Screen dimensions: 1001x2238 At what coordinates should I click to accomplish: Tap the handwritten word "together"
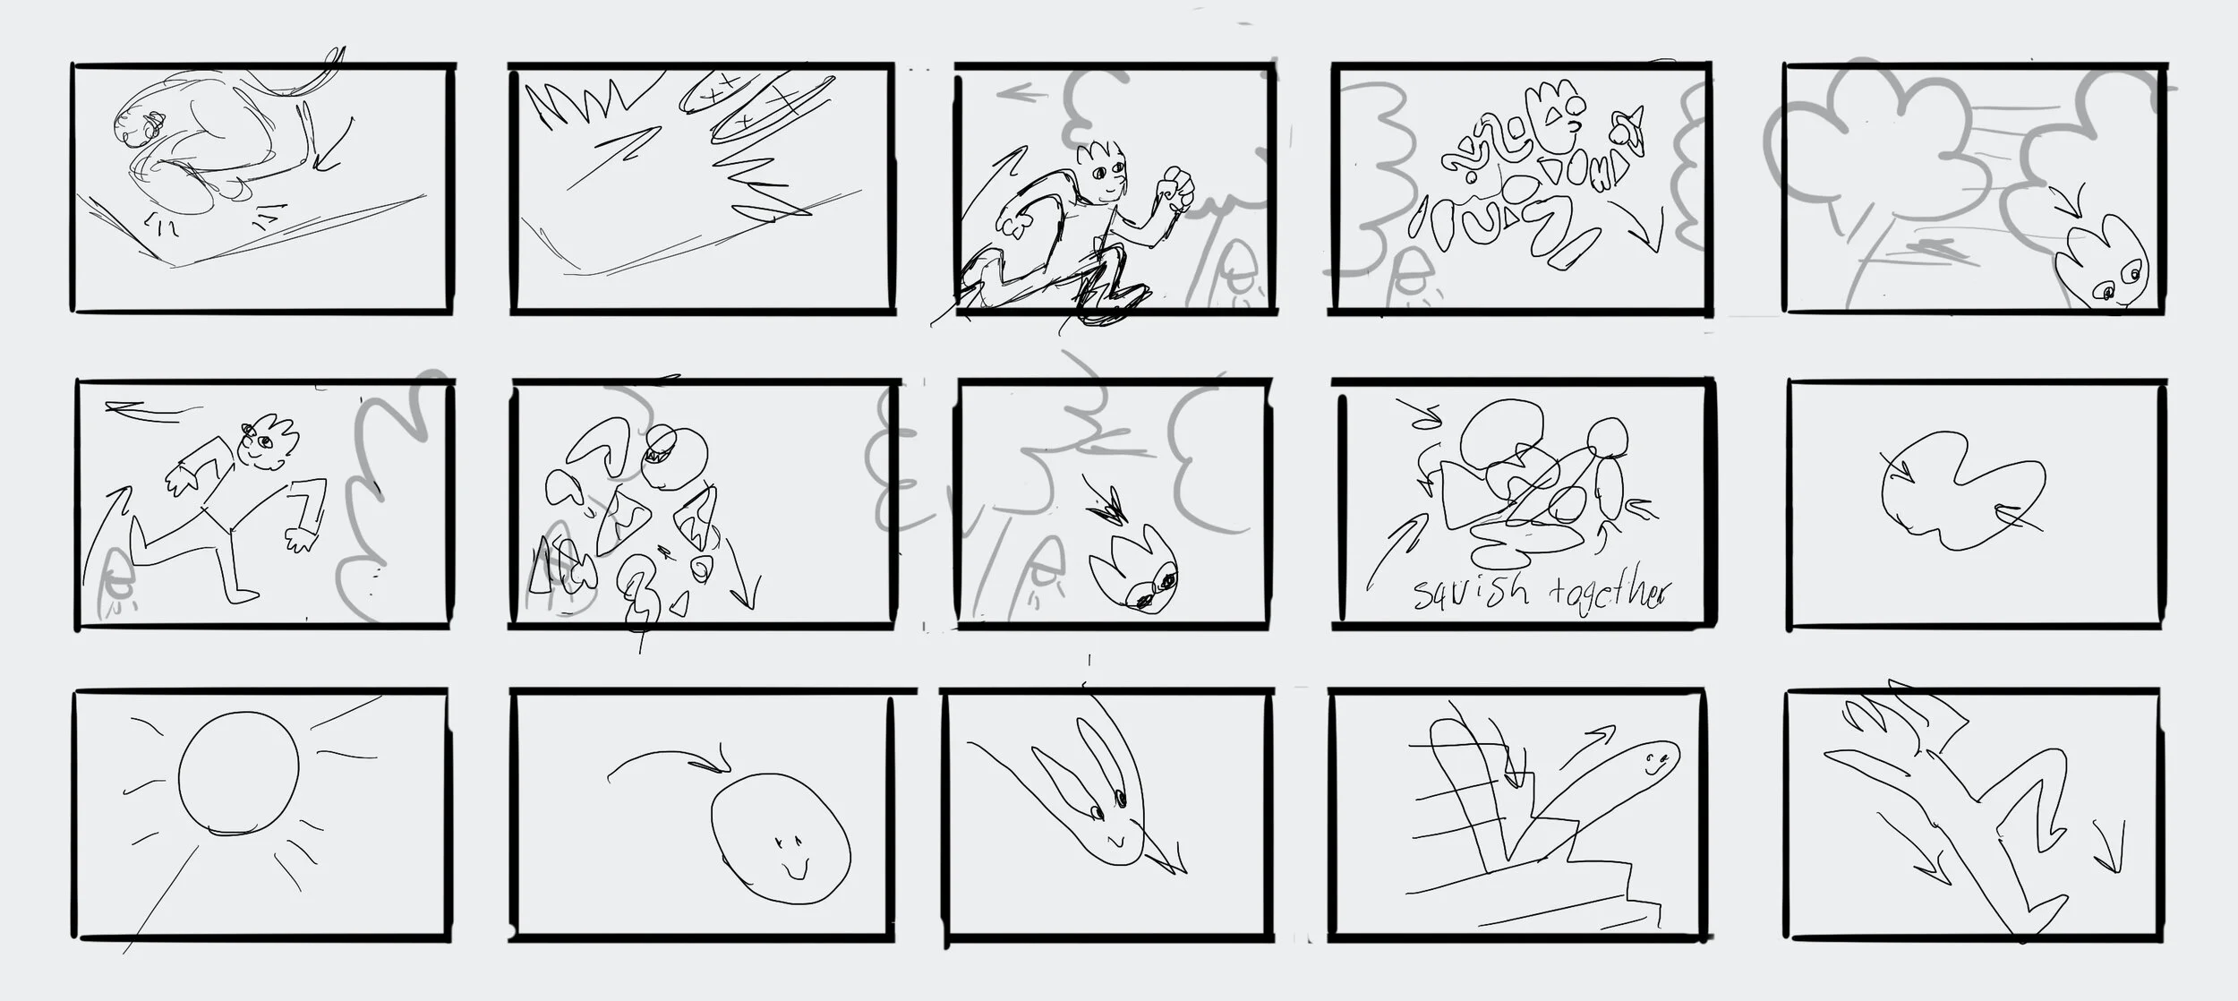point(1607,593)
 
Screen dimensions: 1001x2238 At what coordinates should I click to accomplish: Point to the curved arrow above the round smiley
point(667,761)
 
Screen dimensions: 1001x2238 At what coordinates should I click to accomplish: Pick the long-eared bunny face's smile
point(1115,842)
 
